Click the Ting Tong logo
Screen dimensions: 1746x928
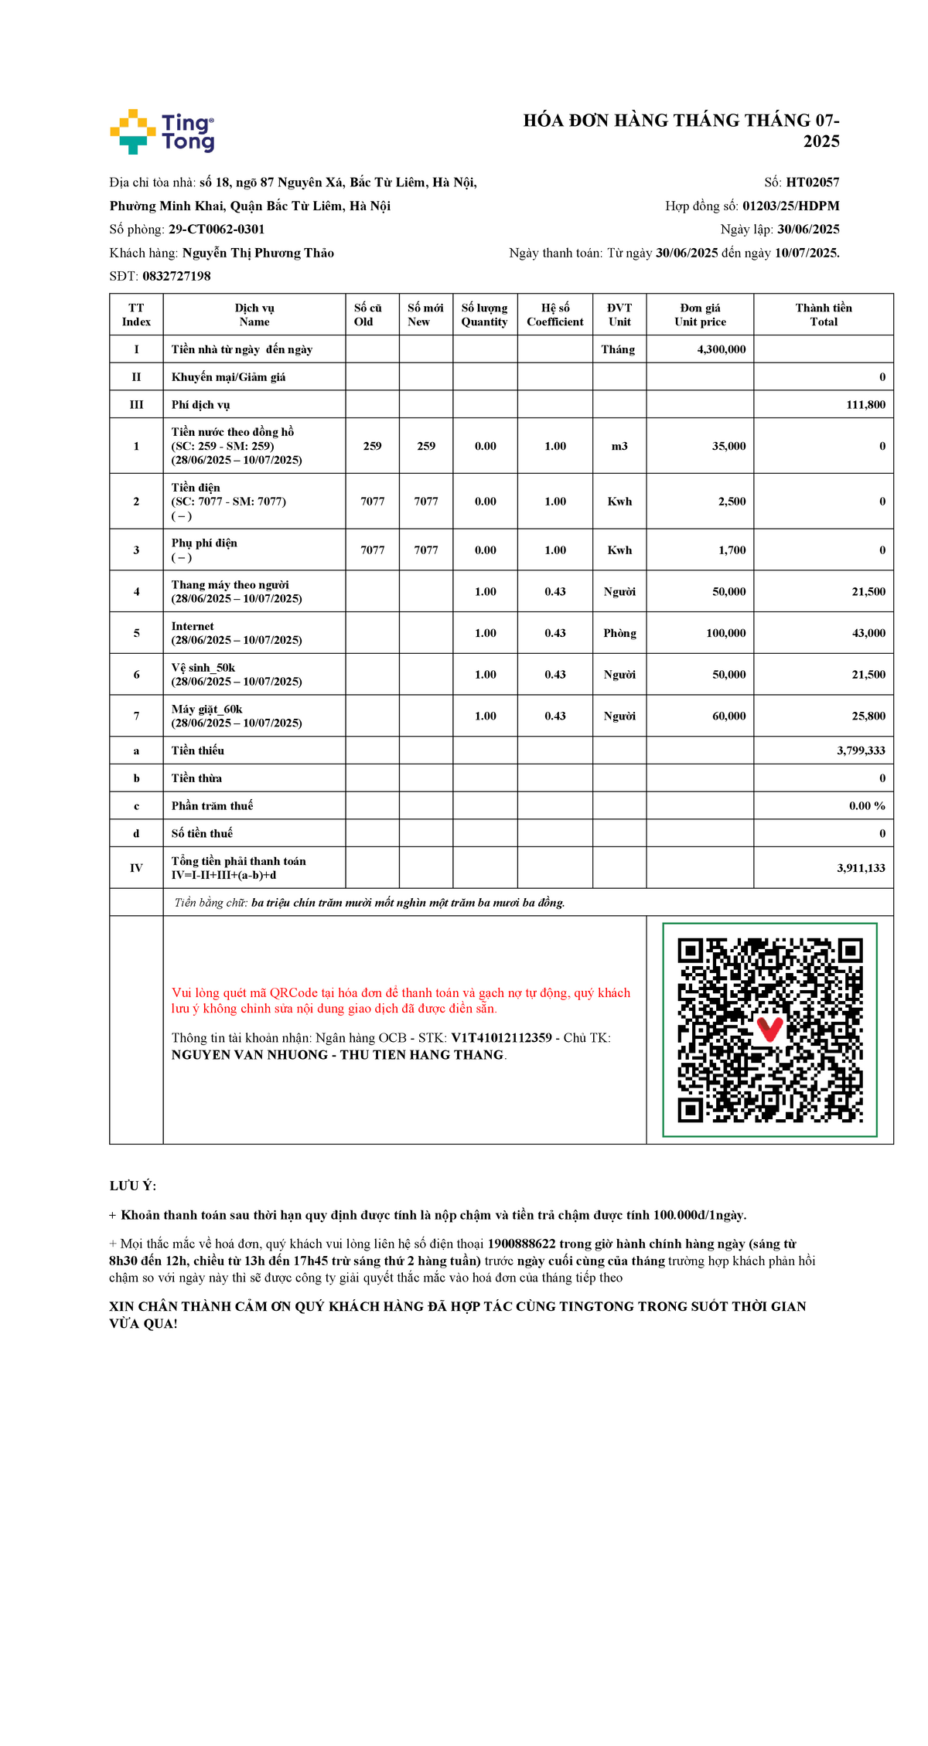(162, 131)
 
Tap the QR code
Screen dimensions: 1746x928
(769, 1030)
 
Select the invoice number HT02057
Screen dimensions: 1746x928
(812, 182)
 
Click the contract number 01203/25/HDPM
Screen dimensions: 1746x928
(790, 206)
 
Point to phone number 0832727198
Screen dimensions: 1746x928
(176, 276)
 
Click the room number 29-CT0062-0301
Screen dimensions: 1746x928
(217, 230)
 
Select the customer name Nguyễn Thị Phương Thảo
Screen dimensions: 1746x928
(258, 253)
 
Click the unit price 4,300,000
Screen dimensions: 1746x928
(721, 349)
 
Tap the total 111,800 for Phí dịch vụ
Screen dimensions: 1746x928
(865, 405)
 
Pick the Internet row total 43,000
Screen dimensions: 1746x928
(868, 633)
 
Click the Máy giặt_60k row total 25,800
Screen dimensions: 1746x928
(868, 716)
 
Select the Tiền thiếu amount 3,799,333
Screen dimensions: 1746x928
(861, 750)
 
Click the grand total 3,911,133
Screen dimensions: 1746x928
(861, 868)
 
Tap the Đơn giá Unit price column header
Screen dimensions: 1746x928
(700, 315)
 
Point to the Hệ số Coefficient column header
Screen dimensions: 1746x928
(554, 315)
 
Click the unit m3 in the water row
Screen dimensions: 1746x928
(619, 446)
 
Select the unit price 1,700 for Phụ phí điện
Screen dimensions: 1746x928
(732, 550)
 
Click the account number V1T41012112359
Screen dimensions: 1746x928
(501, 1038)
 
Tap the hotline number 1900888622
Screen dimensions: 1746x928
(521, 1244)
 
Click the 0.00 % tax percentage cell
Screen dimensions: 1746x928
(866, 806)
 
